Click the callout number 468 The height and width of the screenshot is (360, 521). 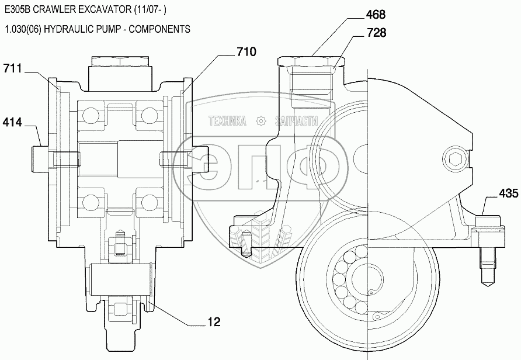coord(376,15)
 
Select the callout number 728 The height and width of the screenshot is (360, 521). coord(377,33)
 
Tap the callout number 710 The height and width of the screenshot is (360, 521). coord(246,51)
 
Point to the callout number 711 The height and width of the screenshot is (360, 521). coord(12,68)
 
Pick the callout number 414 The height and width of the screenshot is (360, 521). coord(12,122)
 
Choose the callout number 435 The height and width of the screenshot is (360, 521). coord(508,193)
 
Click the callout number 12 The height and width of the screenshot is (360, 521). coord(214,322)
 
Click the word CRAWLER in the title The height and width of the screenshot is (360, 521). coord(60,9)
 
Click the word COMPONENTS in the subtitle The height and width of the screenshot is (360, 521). coord(159,29)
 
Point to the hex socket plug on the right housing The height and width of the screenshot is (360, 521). coord(454,159)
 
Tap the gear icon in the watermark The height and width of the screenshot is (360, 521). coord(262,121)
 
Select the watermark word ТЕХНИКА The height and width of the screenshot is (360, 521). coord(228,122)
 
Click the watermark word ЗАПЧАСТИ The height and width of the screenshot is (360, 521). coord(297,122)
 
